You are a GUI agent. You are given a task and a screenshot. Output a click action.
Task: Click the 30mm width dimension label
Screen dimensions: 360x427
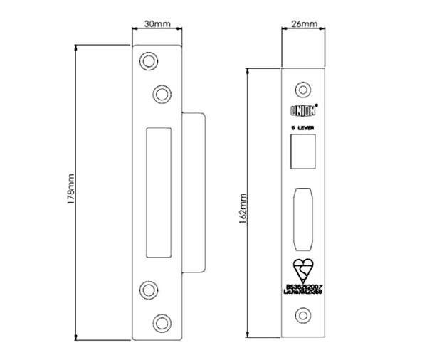click(157, 24)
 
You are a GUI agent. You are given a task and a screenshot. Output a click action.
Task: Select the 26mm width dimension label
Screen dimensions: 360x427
click(304, 24)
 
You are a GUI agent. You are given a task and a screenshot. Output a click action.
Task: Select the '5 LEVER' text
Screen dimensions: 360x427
click(304, 128)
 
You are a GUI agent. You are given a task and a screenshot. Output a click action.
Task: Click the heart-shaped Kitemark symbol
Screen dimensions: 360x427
click(304, 271)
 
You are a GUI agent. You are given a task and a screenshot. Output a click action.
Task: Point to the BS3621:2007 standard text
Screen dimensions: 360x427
click(304, 285)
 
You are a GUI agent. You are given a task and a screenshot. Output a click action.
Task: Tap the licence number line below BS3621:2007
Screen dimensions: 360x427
click(304, 292)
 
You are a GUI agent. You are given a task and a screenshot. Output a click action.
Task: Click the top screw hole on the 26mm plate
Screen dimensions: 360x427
click(304, 90)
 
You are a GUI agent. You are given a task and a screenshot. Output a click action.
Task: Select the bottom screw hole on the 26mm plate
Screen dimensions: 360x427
click(304, 314)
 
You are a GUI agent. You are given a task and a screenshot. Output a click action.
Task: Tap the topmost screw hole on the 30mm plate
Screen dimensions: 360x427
click(149, 61)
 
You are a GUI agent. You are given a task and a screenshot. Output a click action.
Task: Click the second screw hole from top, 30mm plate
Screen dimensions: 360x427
click(162, 92)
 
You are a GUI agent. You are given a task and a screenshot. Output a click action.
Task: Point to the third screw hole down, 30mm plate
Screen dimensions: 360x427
click(149, 289)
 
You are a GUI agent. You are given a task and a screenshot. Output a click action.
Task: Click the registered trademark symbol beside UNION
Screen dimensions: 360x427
click(317, 106)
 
